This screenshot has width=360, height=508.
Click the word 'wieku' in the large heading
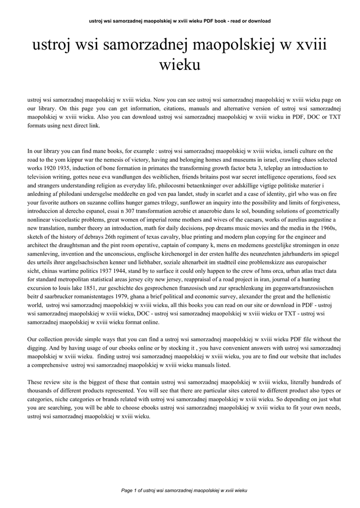(180, 64)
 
